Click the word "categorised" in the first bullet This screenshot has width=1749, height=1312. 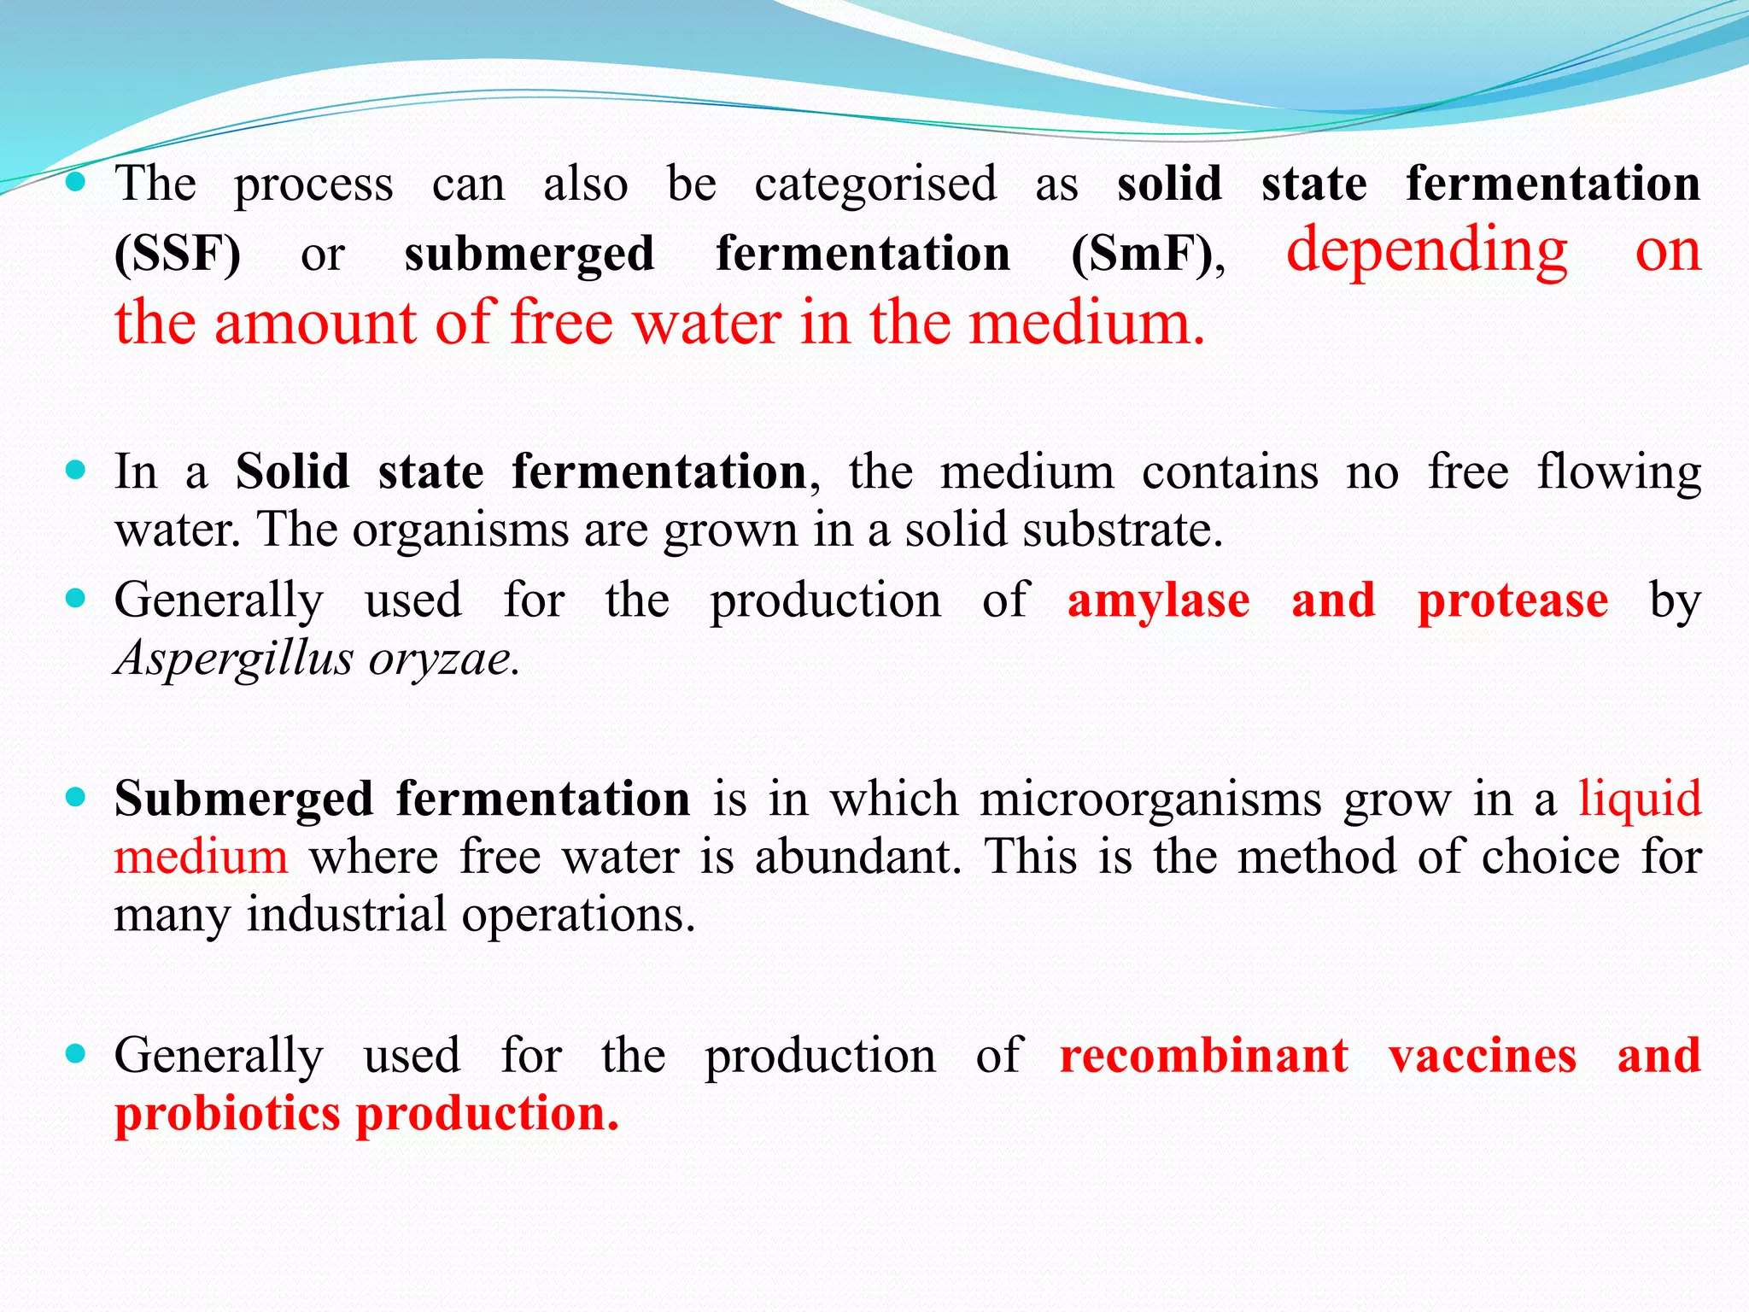875,184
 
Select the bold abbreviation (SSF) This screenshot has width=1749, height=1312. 178,254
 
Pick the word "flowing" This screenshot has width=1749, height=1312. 1618,472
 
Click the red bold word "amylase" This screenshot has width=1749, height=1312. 1158,600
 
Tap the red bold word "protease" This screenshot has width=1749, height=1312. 1512,600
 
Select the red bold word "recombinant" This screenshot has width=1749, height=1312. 1204,1056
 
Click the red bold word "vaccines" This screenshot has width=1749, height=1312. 1483,1056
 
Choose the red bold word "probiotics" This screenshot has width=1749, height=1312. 227,1114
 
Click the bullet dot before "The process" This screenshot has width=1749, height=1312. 76,181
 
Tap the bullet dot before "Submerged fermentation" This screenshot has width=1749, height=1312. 76,798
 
